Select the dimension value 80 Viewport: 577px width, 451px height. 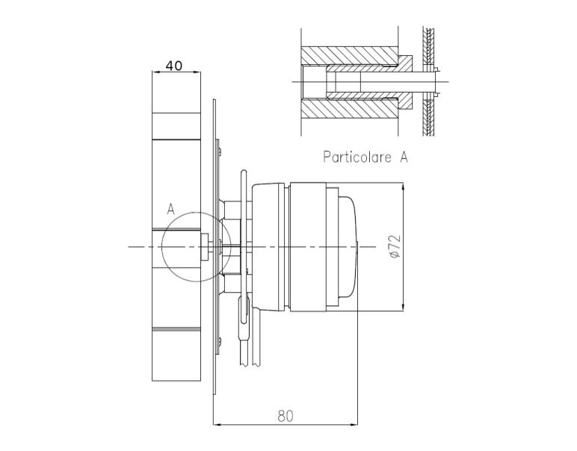(x=286, y=417)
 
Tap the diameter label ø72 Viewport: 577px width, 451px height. (x=395, y=246)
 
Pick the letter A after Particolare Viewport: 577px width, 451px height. (x=404, y=157)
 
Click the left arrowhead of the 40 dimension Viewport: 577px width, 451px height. (x=155, y=72)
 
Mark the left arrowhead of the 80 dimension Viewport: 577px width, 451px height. (x=217, y=425)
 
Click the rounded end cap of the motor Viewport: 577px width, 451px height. (x=348, y=246)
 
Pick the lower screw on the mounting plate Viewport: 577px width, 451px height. (x=220, y=342)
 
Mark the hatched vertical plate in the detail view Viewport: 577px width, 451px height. (x=428, y=82)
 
